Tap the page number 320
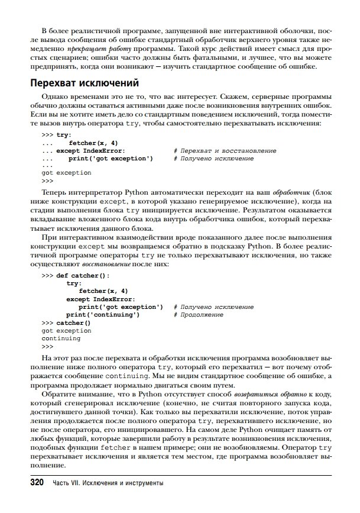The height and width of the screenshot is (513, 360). [x=37, y=483]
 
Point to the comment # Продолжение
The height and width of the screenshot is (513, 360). [x=199, y=315]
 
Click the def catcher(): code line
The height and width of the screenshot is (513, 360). [x=82, y=276]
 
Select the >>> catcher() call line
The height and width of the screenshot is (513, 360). [x=66, y=323]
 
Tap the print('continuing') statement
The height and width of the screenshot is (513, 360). [x=103, y=315]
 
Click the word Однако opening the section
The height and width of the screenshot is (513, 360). [x=54, y=96]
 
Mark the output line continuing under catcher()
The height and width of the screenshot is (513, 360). [x=61, y=338]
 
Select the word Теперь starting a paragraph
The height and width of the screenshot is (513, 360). [x=55, y=192]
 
